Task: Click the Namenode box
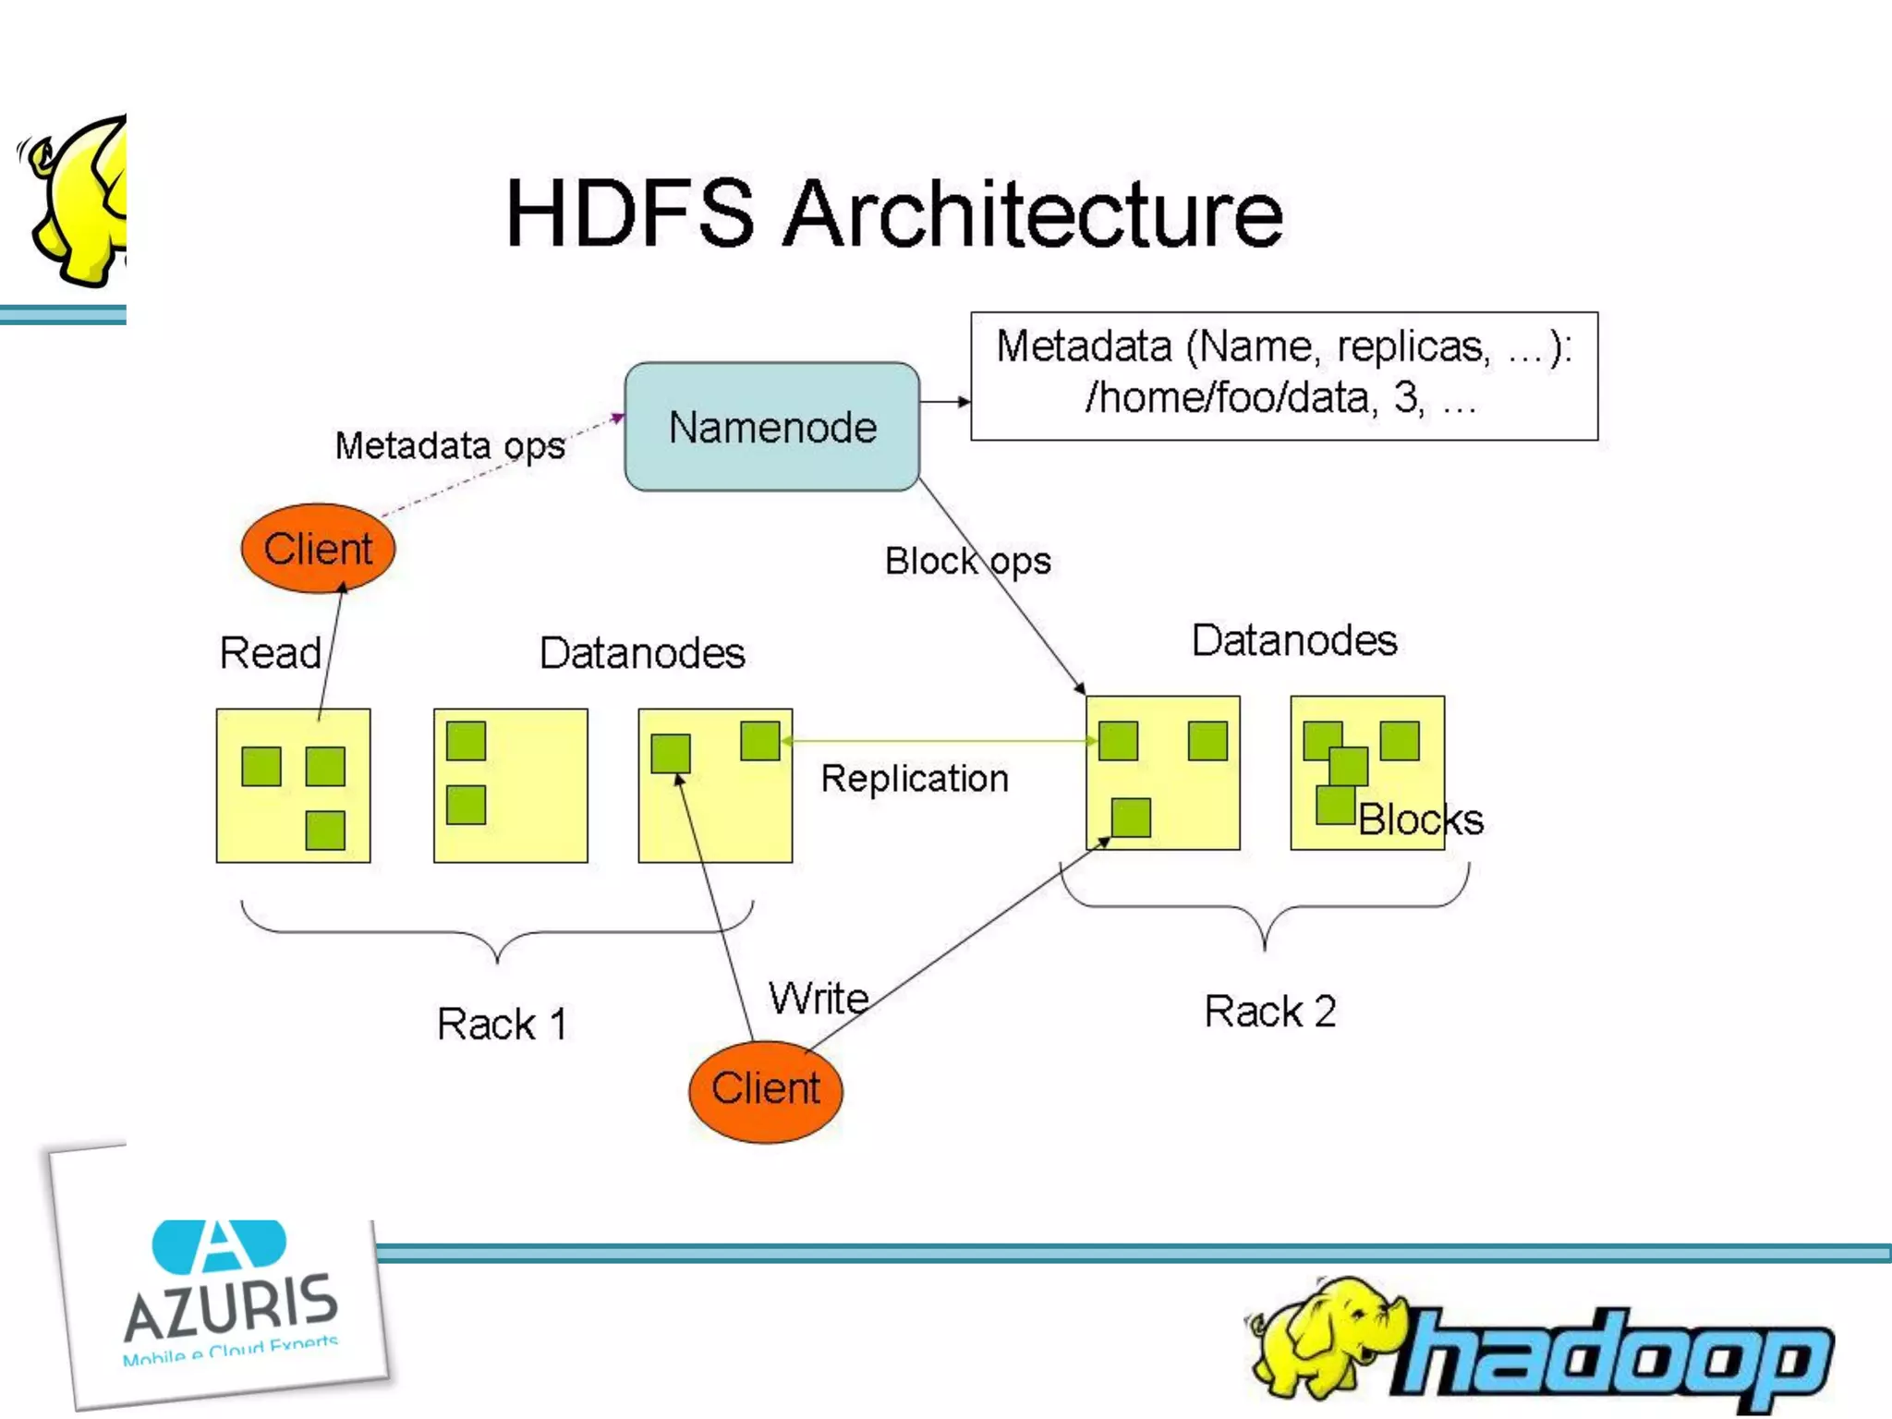[771, 427]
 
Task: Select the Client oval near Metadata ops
[318, 549]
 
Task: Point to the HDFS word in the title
[630, 214]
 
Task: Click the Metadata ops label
[450, 446]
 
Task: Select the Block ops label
[967, 561]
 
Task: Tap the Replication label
[915, 779]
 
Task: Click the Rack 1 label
[502, 1024]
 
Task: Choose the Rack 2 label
[1269, 1012]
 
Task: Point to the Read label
[270, 653]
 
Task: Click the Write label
[819, 999]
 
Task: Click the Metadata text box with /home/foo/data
[1283, 375]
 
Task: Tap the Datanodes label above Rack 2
[1293, 640]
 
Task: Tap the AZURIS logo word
[231, 1304]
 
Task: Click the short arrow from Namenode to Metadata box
[944, 402]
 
